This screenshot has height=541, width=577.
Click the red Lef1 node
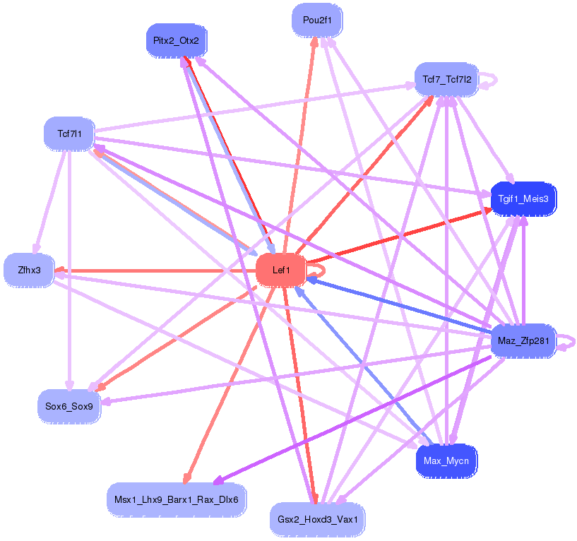click(x=280, y=269)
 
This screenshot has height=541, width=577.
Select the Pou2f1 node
click(x=317, y=20)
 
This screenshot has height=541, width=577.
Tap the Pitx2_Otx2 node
click(x=176, y=40)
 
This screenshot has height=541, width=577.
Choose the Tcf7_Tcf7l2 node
click(x=446, y=79)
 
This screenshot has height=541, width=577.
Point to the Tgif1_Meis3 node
click(x=523, y=198)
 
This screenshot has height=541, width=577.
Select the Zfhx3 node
click(x=29, y=270)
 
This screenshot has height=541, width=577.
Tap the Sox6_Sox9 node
click(x=69, y=406)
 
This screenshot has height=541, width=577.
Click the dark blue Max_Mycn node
click(x=446, y=461)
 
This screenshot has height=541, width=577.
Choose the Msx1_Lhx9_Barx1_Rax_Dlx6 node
click(x=176, y=500)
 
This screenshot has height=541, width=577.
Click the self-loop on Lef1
click(x=319, y=268)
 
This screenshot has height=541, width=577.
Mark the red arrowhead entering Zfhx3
click(x=59, y=270)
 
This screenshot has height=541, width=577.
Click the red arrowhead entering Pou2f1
click(x=315, y=40)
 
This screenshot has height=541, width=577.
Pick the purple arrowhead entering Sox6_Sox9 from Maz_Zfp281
click(x=107, y=403)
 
